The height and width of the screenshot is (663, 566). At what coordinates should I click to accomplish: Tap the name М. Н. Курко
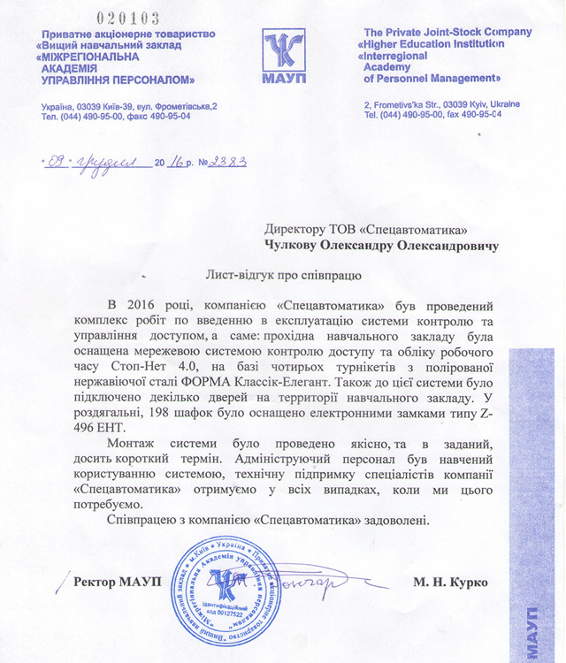(x=448, y=582)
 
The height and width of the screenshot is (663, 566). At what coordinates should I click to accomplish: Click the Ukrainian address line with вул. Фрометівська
(x=129, y=106)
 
